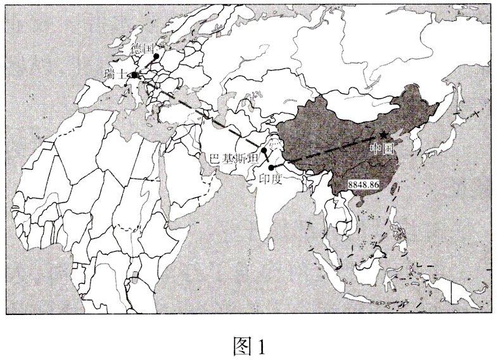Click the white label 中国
pos(382,148)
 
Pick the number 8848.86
pos(364,184)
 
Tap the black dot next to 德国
pos(156,56)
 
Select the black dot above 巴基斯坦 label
pos(264,151)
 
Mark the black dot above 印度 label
pos(272,167)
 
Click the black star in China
pos(384,135)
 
